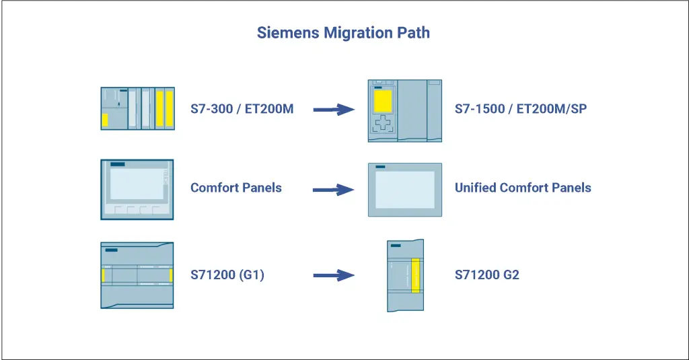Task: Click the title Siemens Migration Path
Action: [x=343, y=32]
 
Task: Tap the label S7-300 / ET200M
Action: [x=242, y=108]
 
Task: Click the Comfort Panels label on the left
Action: [x=236, y=187]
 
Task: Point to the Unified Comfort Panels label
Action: [x=523, y=187]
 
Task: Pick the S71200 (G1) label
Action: [x=227, y=275]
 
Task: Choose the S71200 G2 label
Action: [x=487, y=275]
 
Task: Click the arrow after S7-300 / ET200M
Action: [x=334, y=108]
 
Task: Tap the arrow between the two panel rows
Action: [x=334, y=189]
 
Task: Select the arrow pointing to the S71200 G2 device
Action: [x=334, y=275]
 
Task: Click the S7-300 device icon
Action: [x=137, y=108]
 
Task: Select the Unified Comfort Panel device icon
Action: [x=405, y=189]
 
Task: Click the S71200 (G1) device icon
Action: [x=137, y=275]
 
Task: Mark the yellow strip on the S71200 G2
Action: [x=415, y=275]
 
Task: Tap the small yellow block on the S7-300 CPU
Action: [x=105, y=120]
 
